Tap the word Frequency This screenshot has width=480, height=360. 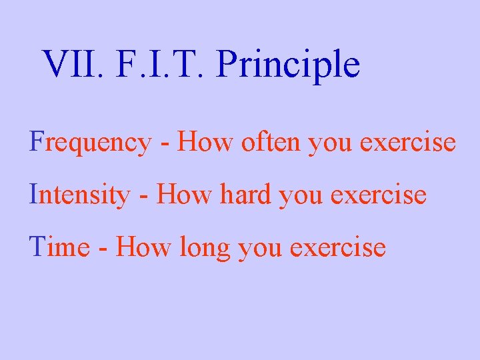click(90, 143)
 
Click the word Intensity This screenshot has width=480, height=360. click(80, 195)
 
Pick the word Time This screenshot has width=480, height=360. click(59, 247)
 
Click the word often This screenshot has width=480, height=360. click(261, 142)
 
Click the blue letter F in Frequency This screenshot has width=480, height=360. click(35, 142)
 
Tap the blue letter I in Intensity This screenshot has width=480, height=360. click(33, 195)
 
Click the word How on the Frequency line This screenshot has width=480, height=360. click(201, 142)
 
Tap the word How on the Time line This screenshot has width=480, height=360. click(138, 247)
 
